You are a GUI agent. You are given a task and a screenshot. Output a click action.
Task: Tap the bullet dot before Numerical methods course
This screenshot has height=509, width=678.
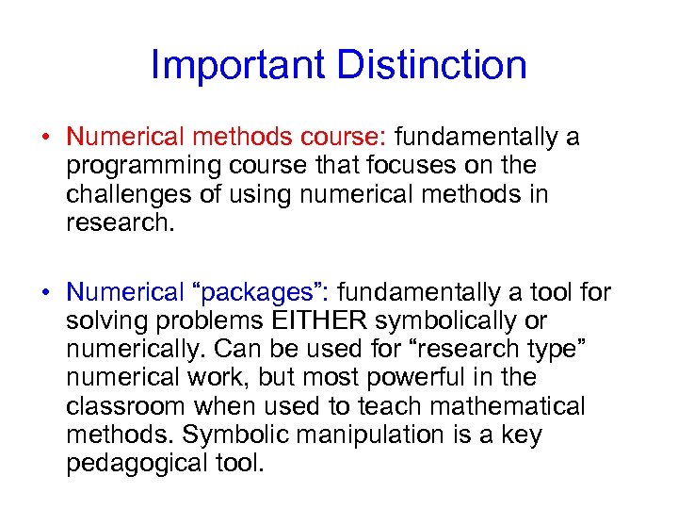point(45,138)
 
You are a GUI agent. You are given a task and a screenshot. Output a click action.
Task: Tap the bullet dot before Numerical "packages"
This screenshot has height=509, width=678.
point(45,294)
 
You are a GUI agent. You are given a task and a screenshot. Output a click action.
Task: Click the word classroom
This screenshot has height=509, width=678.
point(126,406)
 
